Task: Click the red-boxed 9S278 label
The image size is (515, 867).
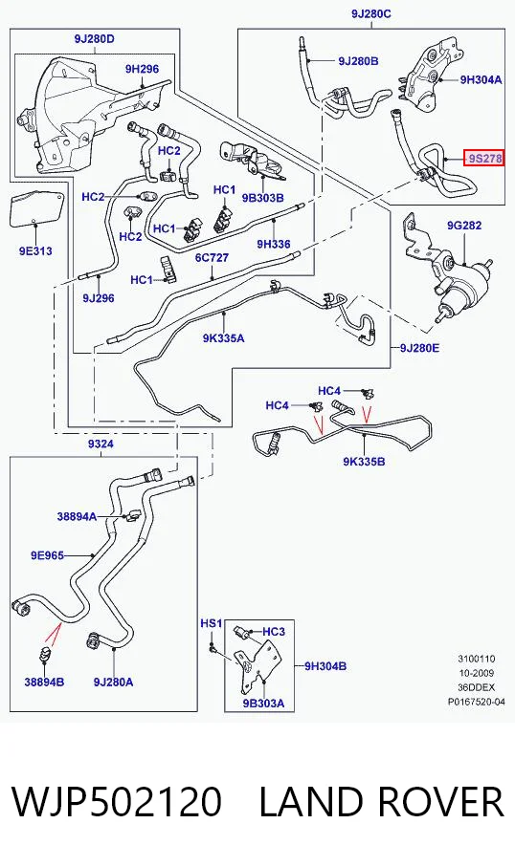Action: (x=484, y=160)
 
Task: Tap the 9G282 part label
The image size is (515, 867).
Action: (x=464, y=225)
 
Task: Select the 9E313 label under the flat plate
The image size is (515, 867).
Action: (x=35, y=251)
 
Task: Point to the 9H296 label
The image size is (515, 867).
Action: (x=142, y=69)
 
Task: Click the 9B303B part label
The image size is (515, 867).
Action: (x=262, y=198)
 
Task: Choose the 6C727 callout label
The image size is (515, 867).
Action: (x=212, y=258)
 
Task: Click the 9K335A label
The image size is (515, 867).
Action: (x=223, y=338)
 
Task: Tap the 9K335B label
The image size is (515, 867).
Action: (x=364, y=461)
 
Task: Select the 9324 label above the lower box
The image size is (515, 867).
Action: (x=101, y=444)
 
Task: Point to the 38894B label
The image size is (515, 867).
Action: (x=44, y=682)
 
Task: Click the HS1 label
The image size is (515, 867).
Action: (x=211, y=623)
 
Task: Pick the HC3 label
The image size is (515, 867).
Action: (x=274, y=632)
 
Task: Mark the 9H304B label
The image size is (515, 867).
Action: (x=325, y=666)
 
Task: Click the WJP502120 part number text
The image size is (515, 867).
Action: (x=117, y=802)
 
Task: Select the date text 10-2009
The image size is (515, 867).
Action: (x=477, y=673)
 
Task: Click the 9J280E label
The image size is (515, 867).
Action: (x=419, y=348)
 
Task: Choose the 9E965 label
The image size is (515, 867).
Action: (x=47, y=555)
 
